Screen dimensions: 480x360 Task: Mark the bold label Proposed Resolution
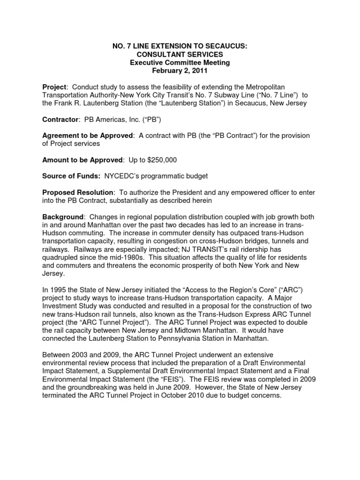pos(78,192)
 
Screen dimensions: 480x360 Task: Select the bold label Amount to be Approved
pos(82,160)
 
